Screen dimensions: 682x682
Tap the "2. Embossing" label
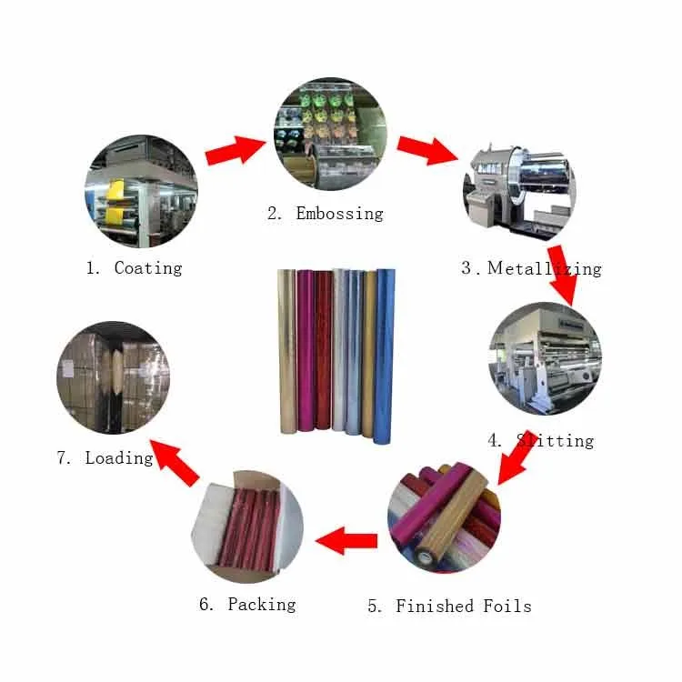[325, 214]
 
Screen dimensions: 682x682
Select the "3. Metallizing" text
[531, 268]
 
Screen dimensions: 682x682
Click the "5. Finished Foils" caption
[449, 607]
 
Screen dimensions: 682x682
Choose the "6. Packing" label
[248, 604]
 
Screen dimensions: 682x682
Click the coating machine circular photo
[141, 193]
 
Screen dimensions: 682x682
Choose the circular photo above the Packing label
[247, 528]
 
